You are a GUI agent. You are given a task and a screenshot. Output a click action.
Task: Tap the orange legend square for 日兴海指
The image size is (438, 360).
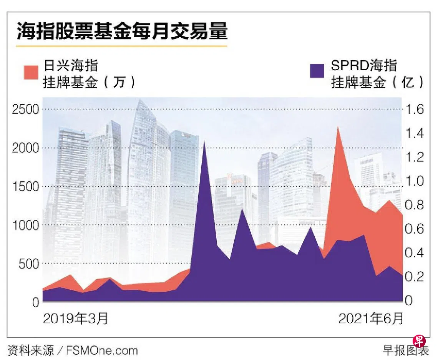click(x=31, y=72)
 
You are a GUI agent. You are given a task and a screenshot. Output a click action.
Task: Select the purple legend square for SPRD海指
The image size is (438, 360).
click(x=317, y=71)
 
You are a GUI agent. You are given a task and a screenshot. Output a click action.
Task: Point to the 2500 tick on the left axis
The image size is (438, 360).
click(x=26, y=109)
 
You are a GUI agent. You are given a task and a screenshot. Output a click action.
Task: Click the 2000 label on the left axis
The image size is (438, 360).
click(x=26, y=148)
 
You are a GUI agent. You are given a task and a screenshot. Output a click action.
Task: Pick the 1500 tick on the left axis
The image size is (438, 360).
click(x=26, y=187)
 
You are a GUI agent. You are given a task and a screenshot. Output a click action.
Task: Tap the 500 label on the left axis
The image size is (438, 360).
click(x=29, y=264)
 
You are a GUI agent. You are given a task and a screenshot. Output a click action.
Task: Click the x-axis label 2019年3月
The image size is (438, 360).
click(x=75, y=319)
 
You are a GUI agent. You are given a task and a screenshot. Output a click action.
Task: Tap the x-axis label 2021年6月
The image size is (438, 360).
click(x=371, y=319)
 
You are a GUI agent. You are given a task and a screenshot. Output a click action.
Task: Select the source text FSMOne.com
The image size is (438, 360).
click(x=102, y=350)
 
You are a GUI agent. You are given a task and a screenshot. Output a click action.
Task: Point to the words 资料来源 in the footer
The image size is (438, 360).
click(x=30, y=350)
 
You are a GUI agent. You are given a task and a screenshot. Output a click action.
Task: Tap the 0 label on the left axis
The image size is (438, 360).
click(x=35, y=302)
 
